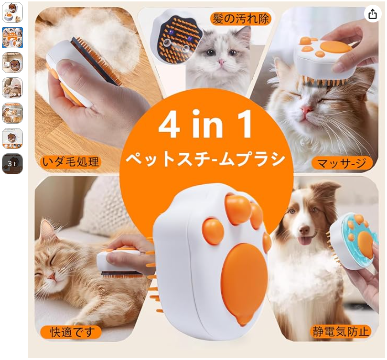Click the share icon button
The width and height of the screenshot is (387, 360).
372,14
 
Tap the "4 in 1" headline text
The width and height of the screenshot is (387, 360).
205,124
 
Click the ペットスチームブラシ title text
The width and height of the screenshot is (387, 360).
205,159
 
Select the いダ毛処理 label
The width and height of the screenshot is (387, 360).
71,162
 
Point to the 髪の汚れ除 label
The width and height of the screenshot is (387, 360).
241,19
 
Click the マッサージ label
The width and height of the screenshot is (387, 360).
342,163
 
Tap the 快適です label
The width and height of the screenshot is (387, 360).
71,332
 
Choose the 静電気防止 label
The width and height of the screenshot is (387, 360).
341,331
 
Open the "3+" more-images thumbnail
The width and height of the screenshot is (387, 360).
12,164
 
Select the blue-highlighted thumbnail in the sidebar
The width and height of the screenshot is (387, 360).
12,38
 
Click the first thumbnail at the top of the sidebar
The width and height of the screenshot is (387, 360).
12,12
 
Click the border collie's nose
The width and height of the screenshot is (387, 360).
304,230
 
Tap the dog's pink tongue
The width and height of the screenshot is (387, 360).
306,241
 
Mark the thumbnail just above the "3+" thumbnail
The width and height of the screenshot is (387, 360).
12,138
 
